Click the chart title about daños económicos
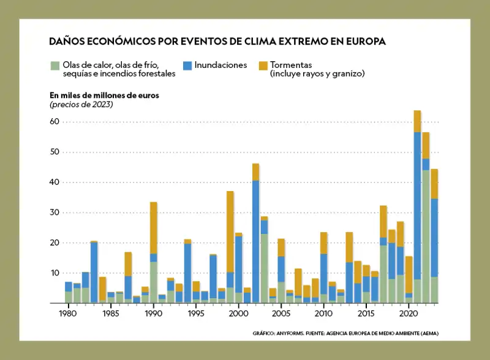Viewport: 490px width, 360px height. pyautogui.click(x=217, y=42)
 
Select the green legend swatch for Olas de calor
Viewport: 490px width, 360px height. pyautogui.click(x=55, y=65)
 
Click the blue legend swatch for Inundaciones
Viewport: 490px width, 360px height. pyautogui.click(x=187, y=65)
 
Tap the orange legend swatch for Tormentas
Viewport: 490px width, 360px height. pyautogui.click(x=263, y=65)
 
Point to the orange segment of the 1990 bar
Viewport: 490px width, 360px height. pyautogui.click(x=154, y=228)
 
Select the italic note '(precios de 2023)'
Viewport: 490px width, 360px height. pyautogui.click(x=81, y=105)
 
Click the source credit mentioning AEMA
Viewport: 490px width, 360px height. pyautogui.click(x=345, y=334)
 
